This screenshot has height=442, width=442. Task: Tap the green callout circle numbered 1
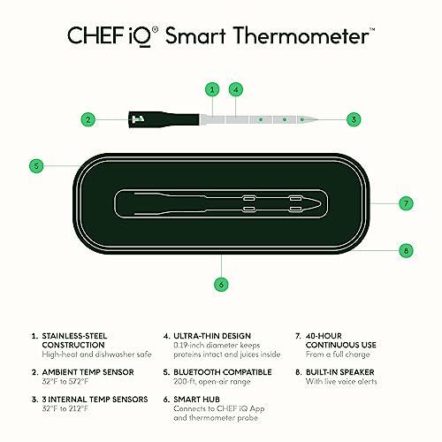(x=212, y=89)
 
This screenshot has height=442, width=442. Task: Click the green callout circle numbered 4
(x=235, y=89)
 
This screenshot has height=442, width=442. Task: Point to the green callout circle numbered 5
(x=36, y=164)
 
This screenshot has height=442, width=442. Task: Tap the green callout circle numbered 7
(x=405, y=203)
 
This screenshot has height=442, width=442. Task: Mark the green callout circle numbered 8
(x=405, y=250)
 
